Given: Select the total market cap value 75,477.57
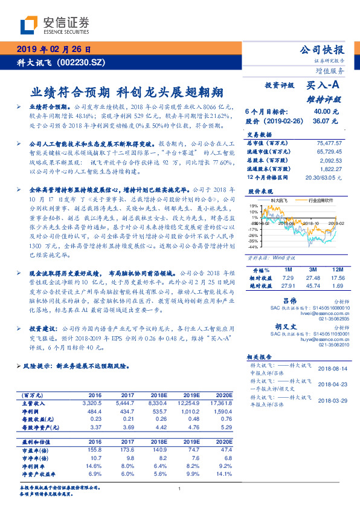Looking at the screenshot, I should pyautogui.click(x=330, y=143).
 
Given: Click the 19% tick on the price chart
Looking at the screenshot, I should pyautogui.click(x=252, y=206).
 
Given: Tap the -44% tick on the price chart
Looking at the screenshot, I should pyautogui.click(x=251, y=247).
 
